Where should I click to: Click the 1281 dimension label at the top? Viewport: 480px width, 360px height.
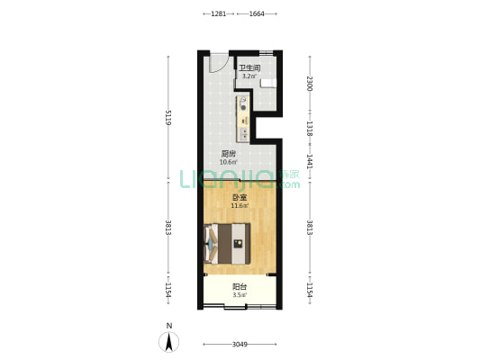tap(219, 13)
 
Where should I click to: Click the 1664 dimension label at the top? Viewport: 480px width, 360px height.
tap(257, 13)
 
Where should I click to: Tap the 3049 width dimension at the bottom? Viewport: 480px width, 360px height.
tap(240, 345)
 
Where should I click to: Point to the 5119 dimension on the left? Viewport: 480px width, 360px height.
tap(168, 118)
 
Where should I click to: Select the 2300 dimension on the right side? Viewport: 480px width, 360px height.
tap(310, 84)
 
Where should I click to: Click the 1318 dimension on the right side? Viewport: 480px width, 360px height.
tap(310, 129)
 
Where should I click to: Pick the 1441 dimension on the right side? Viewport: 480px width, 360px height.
tap(310, 161)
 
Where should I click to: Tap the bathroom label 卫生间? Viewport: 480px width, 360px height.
tap(249, 67)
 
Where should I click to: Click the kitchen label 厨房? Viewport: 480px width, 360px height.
tap(229, 154)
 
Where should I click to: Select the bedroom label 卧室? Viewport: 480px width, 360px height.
tap(240, 198)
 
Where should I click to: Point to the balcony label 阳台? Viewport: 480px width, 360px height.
tap(240, 287)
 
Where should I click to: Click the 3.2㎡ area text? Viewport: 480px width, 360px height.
tap(249, 76)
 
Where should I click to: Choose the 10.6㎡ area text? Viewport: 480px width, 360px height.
tap(229, 162)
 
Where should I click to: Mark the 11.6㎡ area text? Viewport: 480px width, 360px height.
tap(240, 206)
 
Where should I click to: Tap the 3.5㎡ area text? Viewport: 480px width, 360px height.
tap(240, 295)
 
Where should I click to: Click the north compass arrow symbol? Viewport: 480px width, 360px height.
tap(168, 342)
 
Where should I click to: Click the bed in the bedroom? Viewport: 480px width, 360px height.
tap(227, 244)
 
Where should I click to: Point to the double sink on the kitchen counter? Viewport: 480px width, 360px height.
tap(244, 134)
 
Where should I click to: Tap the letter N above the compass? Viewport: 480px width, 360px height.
tap(169, 326)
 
